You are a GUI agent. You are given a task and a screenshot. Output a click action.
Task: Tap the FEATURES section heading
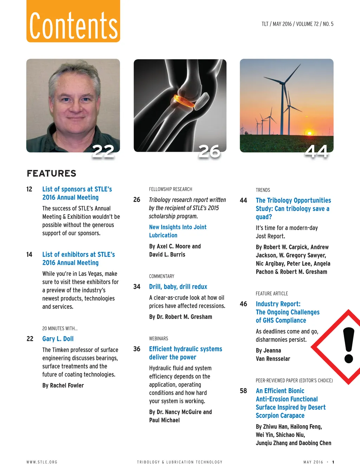51,174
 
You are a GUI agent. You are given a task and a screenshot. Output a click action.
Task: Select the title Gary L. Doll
58,339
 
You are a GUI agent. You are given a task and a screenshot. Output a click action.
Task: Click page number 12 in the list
30,189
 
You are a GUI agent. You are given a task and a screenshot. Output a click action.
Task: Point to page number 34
137,287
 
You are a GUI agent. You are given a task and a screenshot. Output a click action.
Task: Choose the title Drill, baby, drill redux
178,287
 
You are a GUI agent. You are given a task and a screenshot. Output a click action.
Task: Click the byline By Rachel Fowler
63,385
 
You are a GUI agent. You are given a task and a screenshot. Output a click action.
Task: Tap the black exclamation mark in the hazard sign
348,345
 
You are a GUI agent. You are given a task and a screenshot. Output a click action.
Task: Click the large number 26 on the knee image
210,151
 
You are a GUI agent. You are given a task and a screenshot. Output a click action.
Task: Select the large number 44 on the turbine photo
317,151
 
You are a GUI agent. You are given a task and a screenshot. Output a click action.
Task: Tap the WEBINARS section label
159,339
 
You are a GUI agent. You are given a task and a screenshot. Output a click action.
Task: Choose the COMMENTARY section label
162,276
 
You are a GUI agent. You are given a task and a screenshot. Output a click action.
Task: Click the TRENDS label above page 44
263,190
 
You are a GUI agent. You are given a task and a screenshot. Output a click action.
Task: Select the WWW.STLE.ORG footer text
42,462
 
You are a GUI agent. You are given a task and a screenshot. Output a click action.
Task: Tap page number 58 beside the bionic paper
243,391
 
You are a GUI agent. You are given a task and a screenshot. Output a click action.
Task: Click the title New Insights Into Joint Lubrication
178,231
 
